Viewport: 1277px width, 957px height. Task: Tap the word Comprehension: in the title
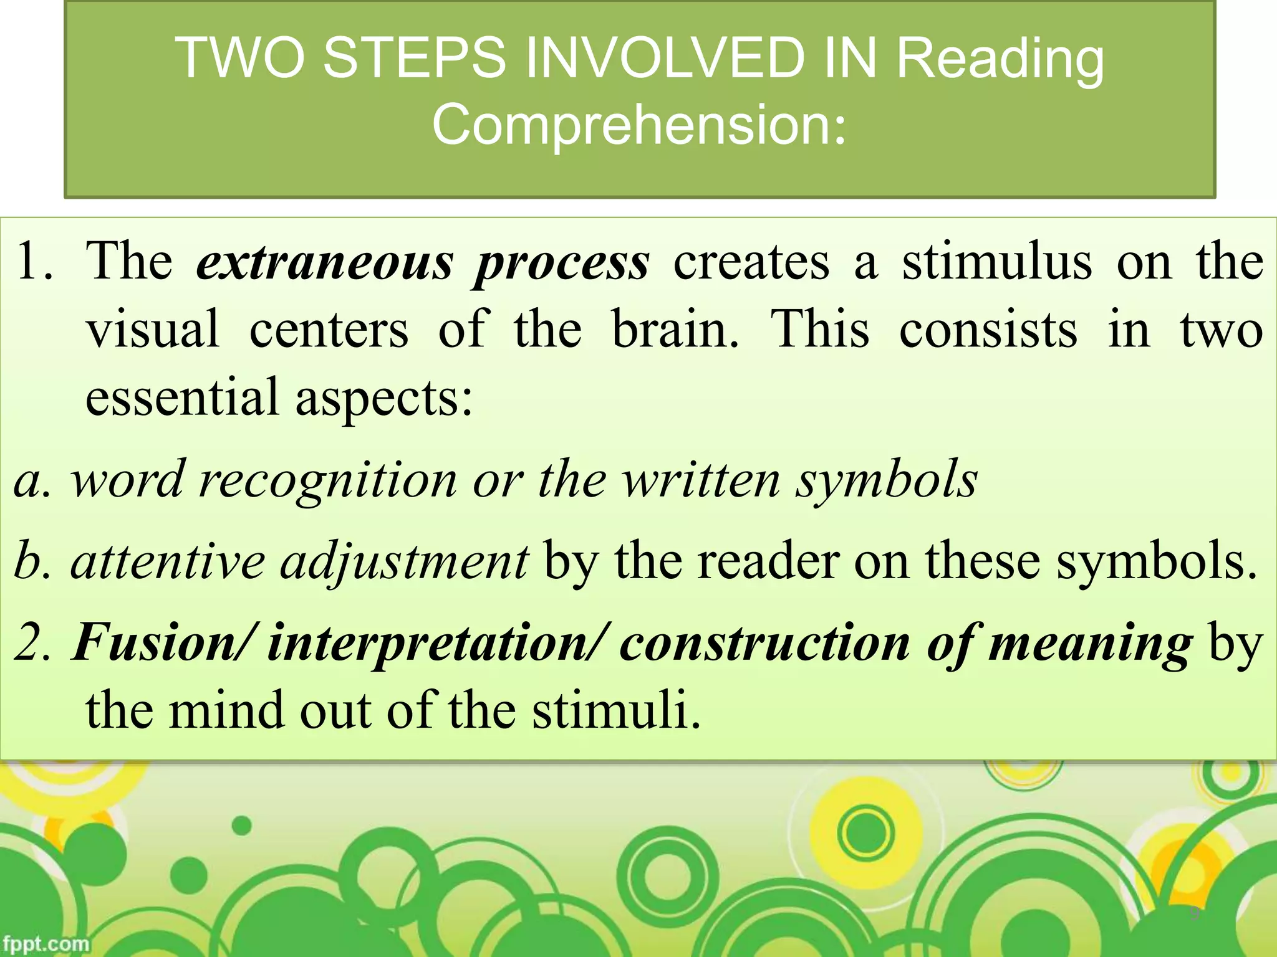[x=640, y=124]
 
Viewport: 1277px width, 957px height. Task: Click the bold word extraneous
[x=325, y=262]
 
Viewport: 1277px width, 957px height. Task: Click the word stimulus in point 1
[x=997, y=262]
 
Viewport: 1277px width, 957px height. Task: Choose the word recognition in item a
[x=328, y=482]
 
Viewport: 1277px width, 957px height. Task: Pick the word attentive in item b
[x=168, y=561]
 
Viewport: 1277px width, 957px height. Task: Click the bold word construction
[x=764, y=643]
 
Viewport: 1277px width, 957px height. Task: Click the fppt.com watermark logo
[x=45, y=943]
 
